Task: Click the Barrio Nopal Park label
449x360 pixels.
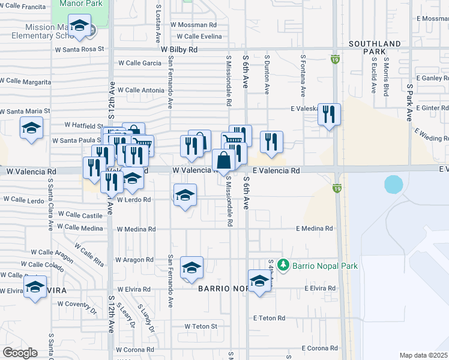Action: pyautogui.click(x=324, y=265)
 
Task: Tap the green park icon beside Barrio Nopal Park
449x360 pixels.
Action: pyautogui.click(x=283, y=265)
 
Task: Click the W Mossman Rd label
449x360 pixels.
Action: pyautogui.click(x=193, y=25)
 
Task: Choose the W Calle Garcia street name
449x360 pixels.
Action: pyautogui.click(x=139, y=63)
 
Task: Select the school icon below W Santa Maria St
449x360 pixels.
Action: pyautogui.click(x=31, y=128)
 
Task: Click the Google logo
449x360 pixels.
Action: pyautogui.click(x=20, y=353)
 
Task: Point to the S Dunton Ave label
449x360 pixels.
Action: pyautogui.click(x=267, y=75)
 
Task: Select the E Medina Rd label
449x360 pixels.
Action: pyautogui.click(x=314, y=229)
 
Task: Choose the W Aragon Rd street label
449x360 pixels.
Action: pyautogui.click(x=135, y=260)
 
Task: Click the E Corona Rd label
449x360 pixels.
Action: pyautogui.click(x=320, y=348)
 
